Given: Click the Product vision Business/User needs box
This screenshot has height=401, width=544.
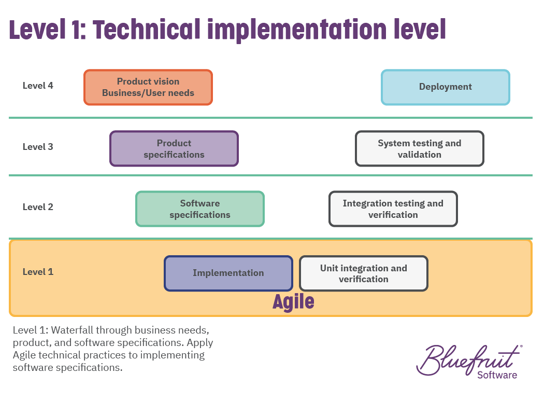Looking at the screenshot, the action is pyautogui.click(x=148, y=87).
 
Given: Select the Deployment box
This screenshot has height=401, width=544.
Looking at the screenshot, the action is pyautogui.click(x=446, y=87).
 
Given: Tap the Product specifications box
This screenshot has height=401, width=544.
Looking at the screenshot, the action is pyautogui.click(x=174, y=149).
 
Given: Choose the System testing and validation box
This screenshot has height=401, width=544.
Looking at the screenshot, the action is pyautogui.click(x=420, y=149).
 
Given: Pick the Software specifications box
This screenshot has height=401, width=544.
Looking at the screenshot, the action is pyautogui.click(x=200, y=209).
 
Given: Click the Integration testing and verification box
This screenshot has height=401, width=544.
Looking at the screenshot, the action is pyautogui.click(x=393, y=209).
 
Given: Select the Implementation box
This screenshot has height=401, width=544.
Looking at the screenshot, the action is pyautogui.click(x=228, y=273).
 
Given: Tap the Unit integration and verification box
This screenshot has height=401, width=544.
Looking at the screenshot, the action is pyautogui.click(x=364, y=273).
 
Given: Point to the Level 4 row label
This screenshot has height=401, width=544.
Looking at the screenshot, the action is pyautogui.click(x=38, y=86).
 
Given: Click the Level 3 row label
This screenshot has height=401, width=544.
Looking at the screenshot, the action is pyautogui.click(x=38, y=147).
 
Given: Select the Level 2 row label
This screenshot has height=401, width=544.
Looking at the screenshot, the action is pyautogui.click(x=38, y=207).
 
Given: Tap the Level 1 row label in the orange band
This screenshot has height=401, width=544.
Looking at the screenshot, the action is pyautogui.click(x=38, y=272).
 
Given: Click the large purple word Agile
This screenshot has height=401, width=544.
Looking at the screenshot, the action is pyautogui.click(x=294, y=301).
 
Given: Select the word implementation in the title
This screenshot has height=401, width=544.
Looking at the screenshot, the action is pyautogui.click(x=297, y=31).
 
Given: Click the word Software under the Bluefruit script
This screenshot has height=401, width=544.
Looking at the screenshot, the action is pyautogui.click(x=497, y=375).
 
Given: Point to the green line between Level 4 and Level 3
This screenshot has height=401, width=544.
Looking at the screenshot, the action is pyautogui.click(x=270, y=118).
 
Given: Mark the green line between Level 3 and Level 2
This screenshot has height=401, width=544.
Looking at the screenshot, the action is pyautogui.click(x=270, y=175).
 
